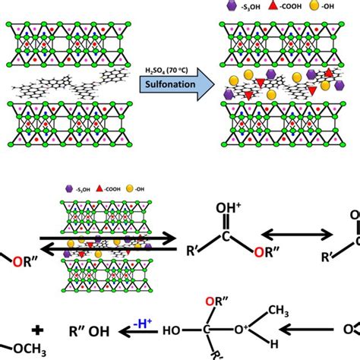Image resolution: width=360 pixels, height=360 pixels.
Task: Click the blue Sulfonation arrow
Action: (x=172, y=84)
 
